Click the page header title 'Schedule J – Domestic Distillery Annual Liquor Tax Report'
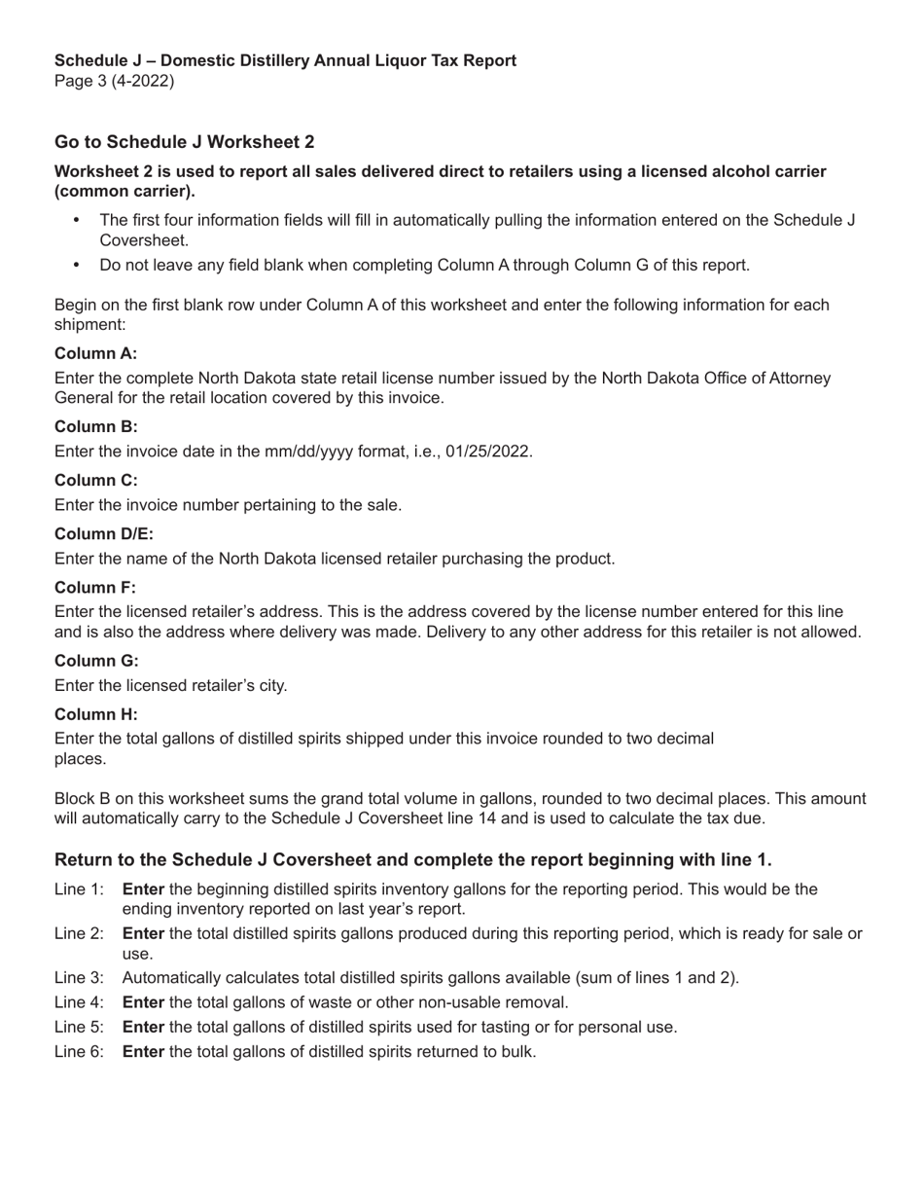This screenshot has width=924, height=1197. tap(285, 60)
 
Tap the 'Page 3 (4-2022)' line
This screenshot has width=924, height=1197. tap(114, 81)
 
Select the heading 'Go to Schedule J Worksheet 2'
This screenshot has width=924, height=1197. tap(184, 142)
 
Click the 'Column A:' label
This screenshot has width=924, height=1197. tap(95, 353)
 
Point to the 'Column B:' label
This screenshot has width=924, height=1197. tap(95, 426)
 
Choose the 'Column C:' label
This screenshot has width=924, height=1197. tap(95, 481)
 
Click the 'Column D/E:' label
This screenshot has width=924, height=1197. tap(104, 534)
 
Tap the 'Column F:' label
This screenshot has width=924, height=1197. tap(94, 588)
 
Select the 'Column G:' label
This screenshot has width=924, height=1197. tap(96, 661)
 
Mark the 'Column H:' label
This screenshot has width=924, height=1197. tap(95, 714)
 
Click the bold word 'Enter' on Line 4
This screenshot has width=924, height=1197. tap(143, 1002)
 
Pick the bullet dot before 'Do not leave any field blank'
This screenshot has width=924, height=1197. tap(77, 265)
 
